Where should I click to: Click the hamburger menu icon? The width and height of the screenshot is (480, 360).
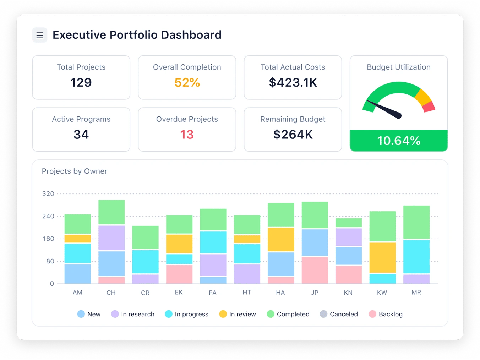(x=40, y=35)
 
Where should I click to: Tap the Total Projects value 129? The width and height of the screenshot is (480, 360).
(x=81, y=82)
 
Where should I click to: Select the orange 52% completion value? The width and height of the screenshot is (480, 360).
(x=187, y=82)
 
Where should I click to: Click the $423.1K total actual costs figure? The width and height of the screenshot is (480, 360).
(x=293, y=82)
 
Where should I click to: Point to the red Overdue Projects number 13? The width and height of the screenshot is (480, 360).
(x=187, y=135)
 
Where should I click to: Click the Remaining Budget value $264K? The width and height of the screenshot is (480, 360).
(x=293, y=135)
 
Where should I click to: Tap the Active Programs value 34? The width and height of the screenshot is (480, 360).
(x=81, y=135)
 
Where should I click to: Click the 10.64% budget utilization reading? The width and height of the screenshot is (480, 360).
(x=398, y=141)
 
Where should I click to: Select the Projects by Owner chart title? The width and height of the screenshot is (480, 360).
(x=75, y=171)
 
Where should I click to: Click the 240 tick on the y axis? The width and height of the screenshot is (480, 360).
(x=48, y=216)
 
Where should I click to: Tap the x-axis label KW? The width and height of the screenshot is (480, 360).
(x=382, y=293)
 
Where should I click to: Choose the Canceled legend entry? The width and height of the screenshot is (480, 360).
(x=339, y=314)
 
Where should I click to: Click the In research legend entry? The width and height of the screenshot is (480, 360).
(x=133, y=314)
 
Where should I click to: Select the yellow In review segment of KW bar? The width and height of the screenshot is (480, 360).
(x=382, y=257)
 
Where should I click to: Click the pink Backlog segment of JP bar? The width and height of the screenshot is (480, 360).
(x=315, y=270)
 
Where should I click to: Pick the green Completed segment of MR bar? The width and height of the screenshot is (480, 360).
(x=416, y=222)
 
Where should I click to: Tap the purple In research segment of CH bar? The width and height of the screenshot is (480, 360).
(x=111, y=238)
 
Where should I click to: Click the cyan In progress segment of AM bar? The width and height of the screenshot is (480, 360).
(x=77, y=253)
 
